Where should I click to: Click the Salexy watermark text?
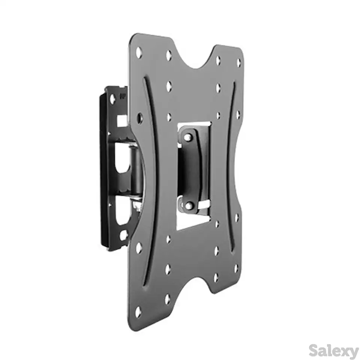pos(333,350)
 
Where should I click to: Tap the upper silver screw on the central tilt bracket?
pos(189,137)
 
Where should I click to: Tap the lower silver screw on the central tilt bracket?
pos(189,205)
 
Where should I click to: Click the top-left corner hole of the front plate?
pos(139,52)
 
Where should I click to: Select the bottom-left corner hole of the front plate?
pos(138,312)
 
